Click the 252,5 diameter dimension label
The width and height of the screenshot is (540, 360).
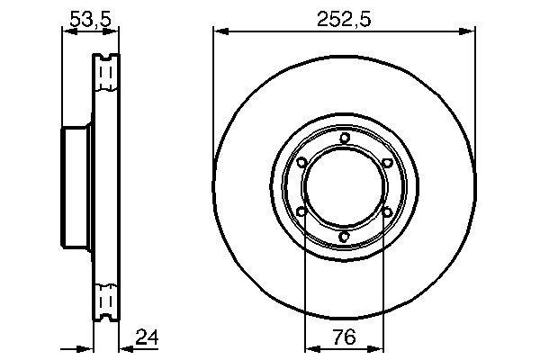coord(346,17)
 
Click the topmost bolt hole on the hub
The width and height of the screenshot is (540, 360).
coord(345,138)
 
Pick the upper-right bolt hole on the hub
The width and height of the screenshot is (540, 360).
coord(387,162)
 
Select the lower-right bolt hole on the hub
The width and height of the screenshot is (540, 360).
coord(387,212)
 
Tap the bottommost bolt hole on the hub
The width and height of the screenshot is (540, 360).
coord(345,237)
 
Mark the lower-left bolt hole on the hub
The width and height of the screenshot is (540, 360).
coord(301,212)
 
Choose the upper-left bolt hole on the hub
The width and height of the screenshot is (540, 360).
coord(301,162)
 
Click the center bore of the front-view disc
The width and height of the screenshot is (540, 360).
coord(345,187)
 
